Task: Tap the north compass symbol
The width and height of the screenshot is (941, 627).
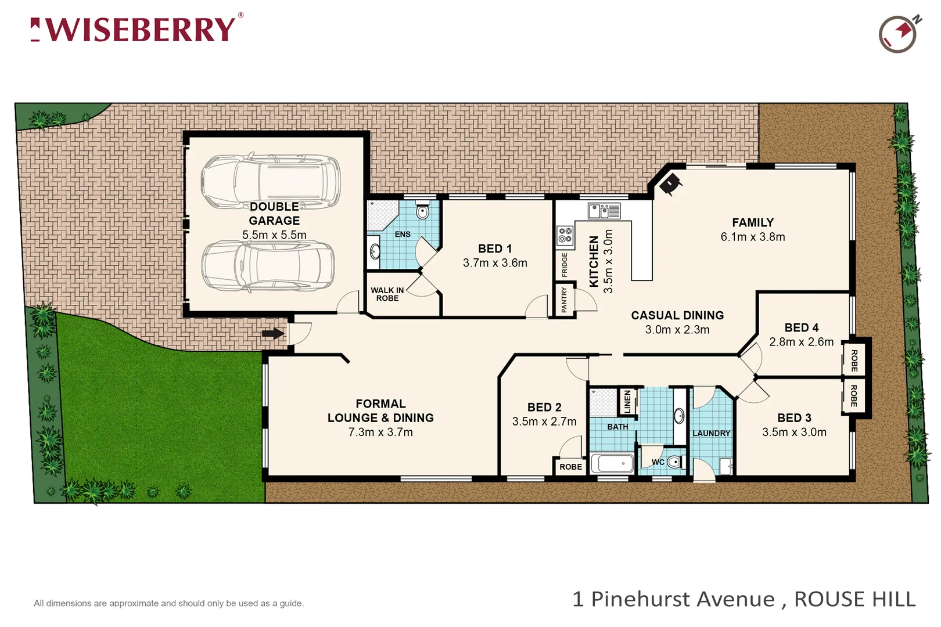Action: coord(898,34)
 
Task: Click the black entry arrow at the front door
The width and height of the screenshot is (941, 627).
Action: coord(272,334)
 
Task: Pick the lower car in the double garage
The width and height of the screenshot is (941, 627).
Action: coord(268,265)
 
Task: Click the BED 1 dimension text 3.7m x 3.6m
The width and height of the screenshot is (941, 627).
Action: coord(495,263)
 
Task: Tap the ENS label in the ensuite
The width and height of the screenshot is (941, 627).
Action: coord(402,235)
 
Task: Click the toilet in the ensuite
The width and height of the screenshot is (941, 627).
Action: coord(423,212)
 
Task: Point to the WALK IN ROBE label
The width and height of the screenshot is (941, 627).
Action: coord(387,294)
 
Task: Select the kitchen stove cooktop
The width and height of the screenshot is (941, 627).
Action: coord(565,235)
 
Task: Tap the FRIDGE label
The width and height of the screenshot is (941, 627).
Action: coord(565,265)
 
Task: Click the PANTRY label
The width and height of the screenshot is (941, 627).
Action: coord(564,300)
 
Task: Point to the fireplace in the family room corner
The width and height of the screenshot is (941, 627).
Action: coord(669,183)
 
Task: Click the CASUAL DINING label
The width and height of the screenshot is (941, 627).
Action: coord(677,315)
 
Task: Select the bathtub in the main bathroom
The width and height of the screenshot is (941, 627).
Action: coord(612,463)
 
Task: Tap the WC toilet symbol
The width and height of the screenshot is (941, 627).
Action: coord(673,462)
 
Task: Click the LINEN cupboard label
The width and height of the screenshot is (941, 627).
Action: coord(627,402)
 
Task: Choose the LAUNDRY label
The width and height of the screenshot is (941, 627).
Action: coord(711,433)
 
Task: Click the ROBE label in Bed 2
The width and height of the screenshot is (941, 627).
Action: coord(570,467)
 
